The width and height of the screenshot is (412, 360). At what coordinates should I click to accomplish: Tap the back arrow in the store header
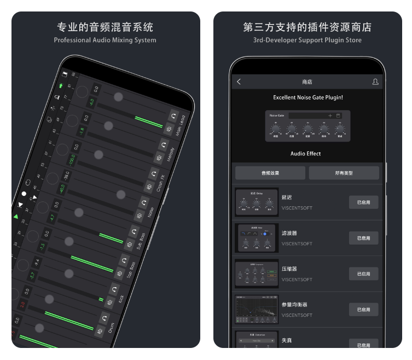(239, 82)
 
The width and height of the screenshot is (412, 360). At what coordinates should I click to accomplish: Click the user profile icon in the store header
(375, 82)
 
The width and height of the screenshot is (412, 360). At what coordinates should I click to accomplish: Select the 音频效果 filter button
(270, 173)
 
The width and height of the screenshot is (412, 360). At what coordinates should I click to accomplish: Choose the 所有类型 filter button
(344, 173)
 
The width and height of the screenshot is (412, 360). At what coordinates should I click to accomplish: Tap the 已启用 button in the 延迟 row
(363, 202)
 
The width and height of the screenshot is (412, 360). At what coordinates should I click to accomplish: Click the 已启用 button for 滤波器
(363, 238)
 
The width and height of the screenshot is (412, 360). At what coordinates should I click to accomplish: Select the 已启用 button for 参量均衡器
(363, 310)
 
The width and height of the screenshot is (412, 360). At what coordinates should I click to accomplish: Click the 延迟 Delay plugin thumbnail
(257, 202)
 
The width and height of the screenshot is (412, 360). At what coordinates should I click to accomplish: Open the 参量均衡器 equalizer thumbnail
(257, 310)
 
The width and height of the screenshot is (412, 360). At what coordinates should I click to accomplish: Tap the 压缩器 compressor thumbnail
(257, 274)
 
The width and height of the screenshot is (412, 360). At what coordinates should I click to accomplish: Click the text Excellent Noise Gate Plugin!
(308, 97)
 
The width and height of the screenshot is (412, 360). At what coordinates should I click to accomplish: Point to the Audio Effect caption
(306, 154)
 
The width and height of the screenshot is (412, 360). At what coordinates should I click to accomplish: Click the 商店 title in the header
(307, 82)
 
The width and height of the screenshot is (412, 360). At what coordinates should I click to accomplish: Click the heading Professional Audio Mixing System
(105, 40)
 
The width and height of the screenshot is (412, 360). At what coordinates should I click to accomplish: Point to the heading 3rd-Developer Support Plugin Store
(307, 40)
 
